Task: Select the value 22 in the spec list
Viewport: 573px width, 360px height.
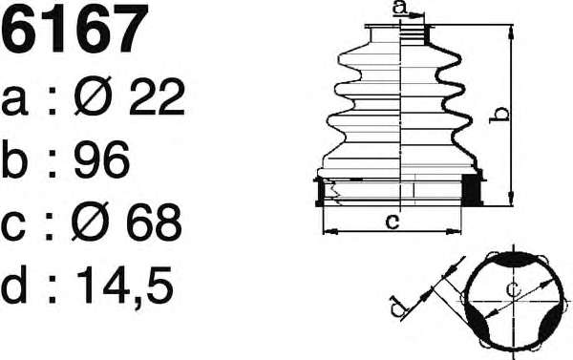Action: pyautogui.click(x=158, y=96)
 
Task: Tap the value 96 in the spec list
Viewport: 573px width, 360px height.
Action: pyautogui.click(x=101, y=159)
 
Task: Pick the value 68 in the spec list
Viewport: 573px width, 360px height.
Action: pyautogui.click(x=154, y=222)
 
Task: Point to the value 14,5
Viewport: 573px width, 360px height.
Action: pyautogui.click(x=124, y=286)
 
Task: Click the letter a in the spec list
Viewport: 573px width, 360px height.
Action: pyautogui.click(x=14, y=101)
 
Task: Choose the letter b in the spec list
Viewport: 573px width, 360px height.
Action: pyautogui.click(x=14, y=159)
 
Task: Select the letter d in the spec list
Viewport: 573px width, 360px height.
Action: pyautogui.click(x=14, y=284)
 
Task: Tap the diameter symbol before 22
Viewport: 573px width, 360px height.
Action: pyautogui.click(x=93, y=96)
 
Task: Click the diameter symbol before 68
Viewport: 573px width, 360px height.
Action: pyautogui.click(x=91, y=222)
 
